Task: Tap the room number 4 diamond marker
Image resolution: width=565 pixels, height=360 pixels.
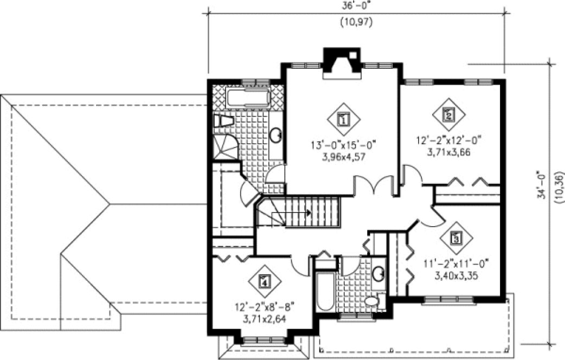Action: [x=264, y=281]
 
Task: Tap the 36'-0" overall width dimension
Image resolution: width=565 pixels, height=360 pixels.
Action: [x=356, y=8]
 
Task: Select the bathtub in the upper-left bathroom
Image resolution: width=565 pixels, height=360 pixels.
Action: [x=247, y=98]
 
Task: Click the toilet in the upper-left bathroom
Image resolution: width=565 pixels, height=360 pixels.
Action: [x=223, y=122]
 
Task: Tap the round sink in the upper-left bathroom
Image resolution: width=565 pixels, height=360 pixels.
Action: [x=276, y=135]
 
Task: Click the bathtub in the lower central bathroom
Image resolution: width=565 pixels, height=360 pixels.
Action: [x=325, y=292]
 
